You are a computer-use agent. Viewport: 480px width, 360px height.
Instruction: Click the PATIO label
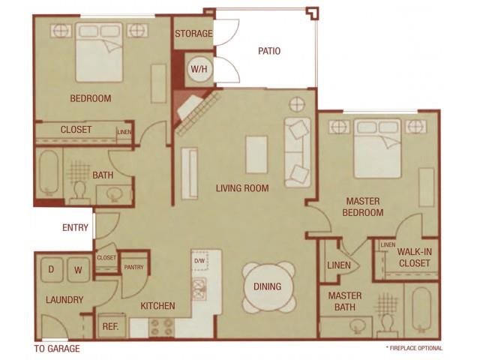[x=269, y=52]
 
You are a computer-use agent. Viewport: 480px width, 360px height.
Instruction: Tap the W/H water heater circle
[x=199, y=69]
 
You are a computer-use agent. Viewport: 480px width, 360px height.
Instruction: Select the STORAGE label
[x=193, y=34]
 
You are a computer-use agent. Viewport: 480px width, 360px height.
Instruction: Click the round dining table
[x=268, y=286]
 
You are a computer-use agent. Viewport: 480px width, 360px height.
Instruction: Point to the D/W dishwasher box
[x=199, y=262]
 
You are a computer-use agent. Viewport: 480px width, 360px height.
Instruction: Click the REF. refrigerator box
[x=111, y=326]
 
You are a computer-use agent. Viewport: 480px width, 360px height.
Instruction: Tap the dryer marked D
[x=52, y=268]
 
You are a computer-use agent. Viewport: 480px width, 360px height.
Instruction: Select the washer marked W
[x=78, y=268]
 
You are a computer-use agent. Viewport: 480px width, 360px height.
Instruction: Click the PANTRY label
[x=133, y=266]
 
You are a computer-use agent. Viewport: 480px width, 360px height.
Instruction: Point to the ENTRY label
[x=75, y=227]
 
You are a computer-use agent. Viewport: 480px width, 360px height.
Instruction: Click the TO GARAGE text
[x=57, y=349]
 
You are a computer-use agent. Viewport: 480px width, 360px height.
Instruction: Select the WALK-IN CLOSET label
[x=414, y=257]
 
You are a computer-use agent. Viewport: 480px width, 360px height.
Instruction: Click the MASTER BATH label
[x=345, y=301]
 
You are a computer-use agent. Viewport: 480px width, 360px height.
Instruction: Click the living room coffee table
[x=257, y=154]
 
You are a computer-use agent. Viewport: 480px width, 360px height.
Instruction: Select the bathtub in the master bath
[x=422, y=311]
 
